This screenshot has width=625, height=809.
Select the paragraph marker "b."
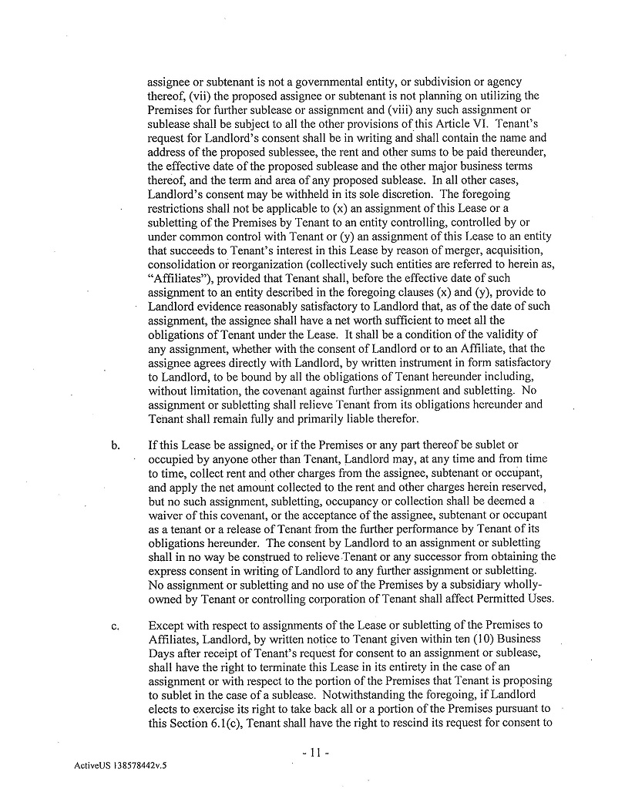[116, 445]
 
